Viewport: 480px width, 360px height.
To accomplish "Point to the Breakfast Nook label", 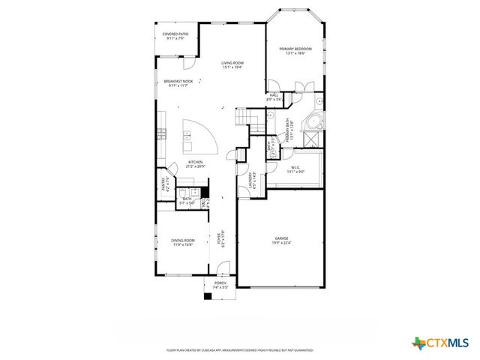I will coord(179,83).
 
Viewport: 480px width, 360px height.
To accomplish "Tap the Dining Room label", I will coord(184,242).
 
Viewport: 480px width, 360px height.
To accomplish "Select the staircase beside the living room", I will coord(246,118).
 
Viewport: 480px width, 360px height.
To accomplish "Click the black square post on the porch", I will coord(208,296).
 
